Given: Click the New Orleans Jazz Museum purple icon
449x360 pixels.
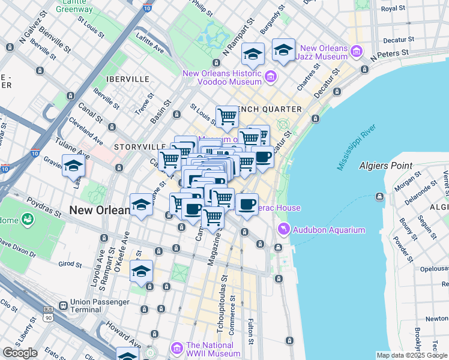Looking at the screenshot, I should [x=357, y=52].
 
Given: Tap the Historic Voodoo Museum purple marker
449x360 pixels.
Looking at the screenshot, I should [x=270, y=77].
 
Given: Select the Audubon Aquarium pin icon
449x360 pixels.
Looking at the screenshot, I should [x=283, y=229].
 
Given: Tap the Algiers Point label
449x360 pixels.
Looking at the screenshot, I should [x=385, y=166].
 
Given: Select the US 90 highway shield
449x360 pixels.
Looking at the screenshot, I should [x=48, y=316].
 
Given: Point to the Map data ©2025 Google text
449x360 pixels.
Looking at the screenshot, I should [x=411, y=355].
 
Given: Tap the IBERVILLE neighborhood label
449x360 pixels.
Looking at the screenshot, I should [x=127, y=79].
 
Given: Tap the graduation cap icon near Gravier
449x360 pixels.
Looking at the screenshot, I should [x=73, y=166].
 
